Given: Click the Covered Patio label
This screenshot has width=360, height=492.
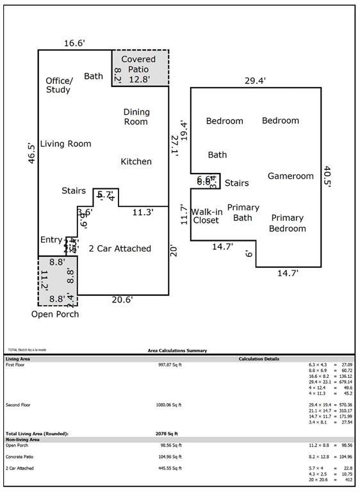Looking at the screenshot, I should tap(139, 64).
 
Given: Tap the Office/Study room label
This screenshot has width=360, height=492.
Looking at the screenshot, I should tap(59, 85).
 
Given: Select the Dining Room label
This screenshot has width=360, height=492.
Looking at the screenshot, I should tap(136, 117).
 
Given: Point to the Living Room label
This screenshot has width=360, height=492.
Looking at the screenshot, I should tap(65, 144).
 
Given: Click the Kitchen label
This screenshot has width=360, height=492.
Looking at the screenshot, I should tap(136, 161).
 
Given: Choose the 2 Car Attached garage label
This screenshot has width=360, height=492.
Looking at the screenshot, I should tap(120, 249).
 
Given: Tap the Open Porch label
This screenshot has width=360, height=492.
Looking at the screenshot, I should tap(55, 314).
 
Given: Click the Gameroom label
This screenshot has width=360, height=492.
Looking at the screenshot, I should tap(291, 176).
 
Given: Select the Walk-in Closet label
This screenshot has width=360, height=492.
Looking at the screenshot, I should tap(206, 215).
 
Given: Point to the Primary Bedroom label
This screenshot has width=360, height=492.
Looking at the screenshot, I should tap(287, 223).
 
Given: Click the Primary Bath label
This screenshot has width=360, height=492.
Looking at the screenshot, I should tap(243, 213).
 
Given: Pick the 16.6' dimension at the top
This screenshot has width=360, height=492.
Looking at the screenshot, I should tap(75, 44).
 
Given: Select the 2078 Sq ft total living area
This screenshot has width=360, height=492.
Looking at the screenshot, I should tap(166, 434).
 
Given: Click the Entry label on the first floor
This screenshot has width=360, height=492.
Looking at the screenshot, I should tap(51, 240).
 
